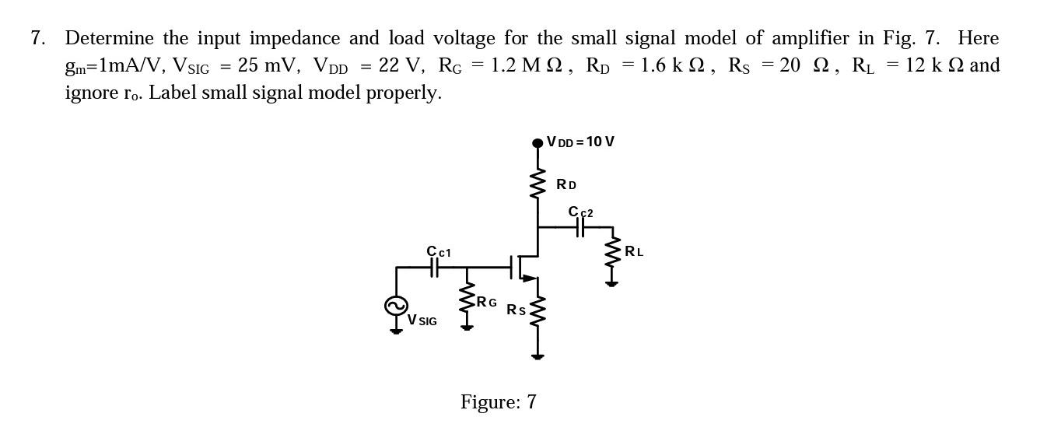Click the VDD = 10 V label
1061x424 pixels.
tap(580, 142)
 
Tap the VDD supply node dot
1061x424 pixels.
tap(537, 142)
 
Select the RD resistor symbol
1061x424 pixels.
tap(537, 185)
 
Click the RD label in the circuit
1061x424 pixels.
tap(566, 185)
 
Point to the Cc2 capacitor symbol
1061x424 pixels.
tap(580, 227)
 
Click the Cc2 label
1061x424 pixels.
tap(580, 212)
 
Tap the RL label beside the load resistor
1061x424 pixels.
tap(634, 251)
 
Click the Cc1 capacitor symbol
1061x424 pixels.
tap(435, 268)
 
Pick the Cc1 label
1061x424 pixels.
tap(438, 251)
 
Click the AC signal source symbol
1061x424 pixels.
tap(396, 307)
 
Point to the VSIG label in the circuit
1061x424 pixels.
tap(422, 320)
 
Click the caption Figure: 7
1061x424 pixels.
tap(498, 402)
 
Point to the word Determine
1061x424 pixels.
tap(110, 38)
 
